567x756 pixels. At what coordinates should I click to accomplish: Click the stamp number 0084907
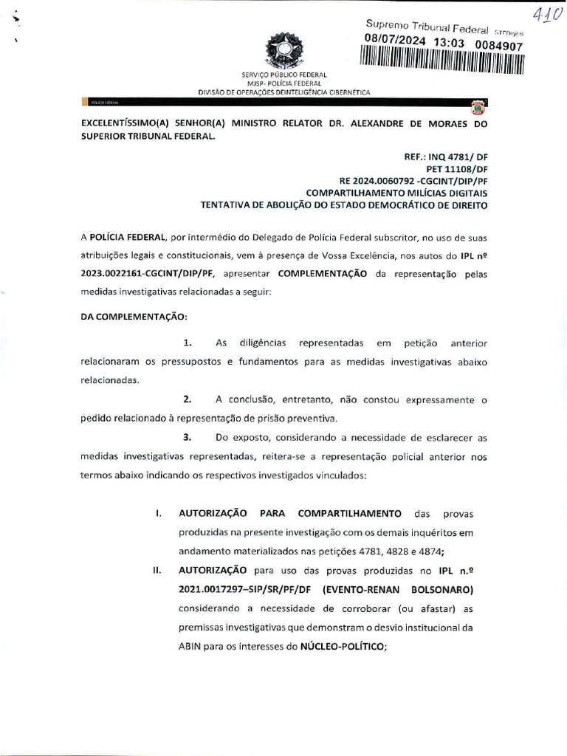point(500,46)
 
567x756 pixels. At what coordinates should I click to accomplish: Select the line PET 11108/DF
point(458,168)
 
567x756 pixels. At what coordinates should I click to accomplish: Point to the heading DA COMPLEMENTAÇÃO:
point(134,317)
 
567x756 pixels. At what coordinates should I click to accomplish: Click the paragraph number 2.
point(188,399)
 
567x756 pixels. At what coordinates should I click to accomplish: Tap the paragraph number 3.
point(188,437)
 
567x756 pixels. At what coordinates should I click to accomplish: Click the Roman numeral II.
point(157,571)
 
